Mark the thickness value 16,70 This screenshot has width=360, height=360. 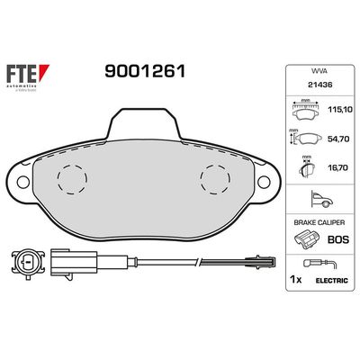pos(336,168)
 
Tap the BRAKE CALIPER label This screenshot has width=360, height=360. pos(318,221)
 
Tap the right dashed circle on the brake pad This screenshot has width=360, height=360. pos(215,178)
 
